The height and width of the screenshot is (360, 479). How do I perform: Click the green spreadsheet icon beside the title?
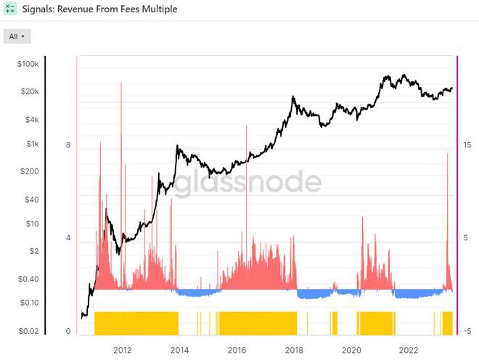(10, 9)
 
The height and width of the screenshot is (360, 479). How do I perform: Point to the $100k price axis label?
(28, 65)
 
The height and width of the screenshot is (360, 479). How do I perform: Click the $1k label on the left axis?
(32, 144)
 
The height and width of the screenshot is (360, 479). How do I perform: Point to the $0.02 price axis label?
(28, 331)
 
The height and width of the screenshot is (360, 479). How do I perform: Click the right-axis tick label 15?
(467, 145)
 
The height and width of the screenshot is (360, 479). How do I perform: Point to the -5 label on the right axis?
(467, 331)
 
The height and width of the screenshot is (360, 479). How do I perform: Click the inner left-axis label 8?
(67, 145)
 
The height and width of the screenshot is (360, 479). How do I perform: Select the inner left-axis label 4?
(67, 238)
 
